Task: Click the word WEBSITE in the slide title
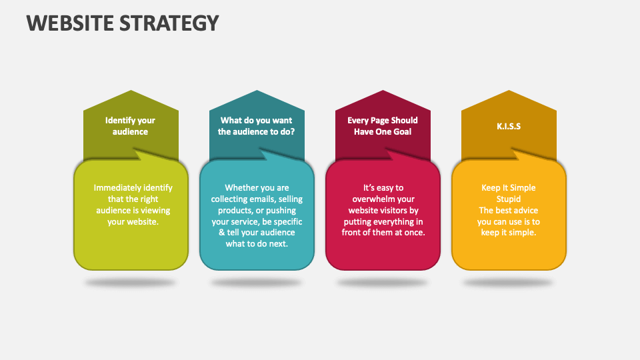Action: [70, 23]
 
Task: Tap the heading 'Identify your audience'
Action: [130, 126]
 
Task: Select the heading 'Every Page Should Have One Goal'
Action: [383, 126]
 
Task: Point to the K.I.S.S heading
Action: [509, 126]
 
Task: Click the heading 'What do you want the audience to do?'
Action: [257, 126]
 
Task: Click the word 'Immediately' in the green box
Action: [118, 188]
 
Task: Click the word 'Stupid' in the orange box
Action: [509, 199]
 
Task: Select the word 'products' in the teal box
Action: [231, 211]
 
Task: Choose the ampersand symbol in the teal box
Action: [223, 233]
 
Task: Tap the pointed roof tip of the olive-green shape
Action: [131, 91]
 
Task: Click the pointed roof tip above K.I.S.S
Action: [509, 91]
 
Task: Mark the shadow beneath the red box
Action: [383, 283]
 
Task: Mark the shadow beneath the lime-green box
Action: [131, 283]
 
